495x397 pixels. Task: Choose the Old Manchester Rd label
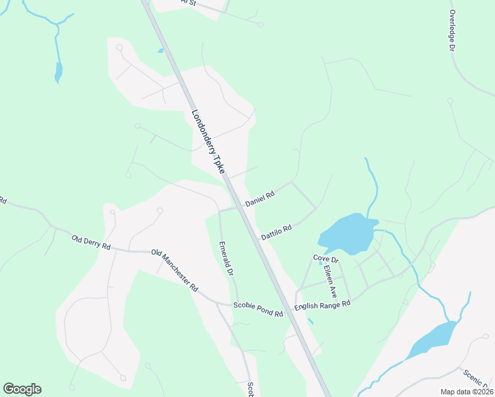click(x=175, y=270)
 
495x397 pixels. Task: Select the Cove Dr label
click(x=326, y=258)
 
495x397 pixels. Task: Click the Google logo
click(x=22, y=389)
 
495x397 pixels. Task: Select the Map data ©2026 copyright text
click(x=467, y=392)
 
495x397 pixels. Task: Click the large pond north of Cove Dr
click(x=347, y=234)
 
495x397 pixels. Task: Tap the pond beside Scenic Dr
click(x=433, y=339)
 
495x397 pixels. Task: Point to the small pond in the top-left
click(x=58, y=71)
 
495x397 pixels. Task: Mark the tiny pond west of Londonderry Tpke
click(x=159, y=50)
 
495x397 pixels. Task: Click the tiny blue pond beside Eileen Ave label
click(x=320, y=263)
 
